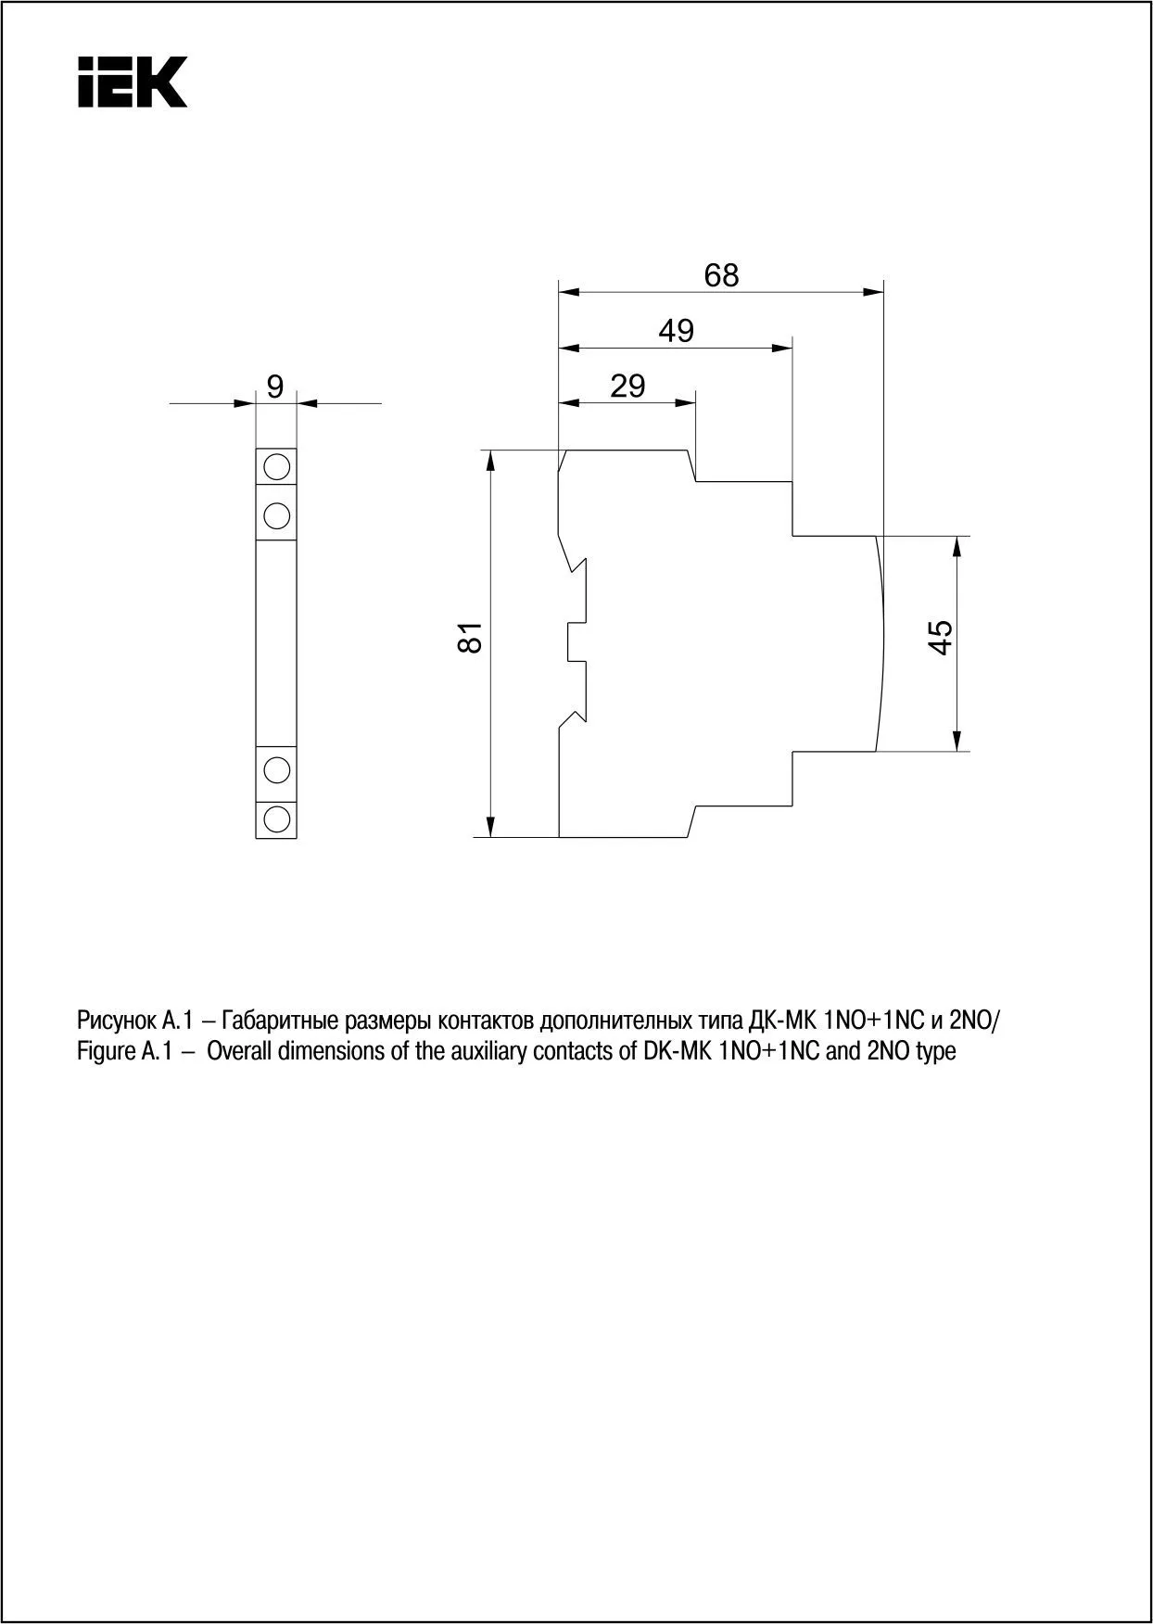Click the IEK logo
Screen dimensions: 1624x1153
[133, 82]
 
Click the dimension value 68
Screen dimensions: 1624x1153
[721, 275]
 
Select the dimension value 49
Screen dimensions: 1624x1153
[676, 331]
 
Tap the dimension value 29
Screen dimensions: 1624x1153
[627, 386]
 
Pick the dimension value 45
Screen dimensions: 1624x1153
[940, 637]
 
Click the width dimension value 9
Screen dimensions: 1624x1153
[275, 387]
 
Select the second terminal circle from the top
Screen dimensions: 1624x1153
[276, 513]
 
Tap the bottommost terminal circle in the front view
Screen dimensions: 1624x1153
[276, 818]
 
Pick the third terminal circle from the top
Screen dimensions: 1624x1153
[276, 768]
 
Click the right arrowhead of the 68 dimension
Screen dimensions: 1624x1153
[873, 293]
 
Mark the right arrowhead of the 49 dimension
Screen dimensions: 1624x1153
[783, 349]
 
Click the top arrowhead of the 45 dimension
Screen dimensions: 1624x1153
[959, 547]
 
